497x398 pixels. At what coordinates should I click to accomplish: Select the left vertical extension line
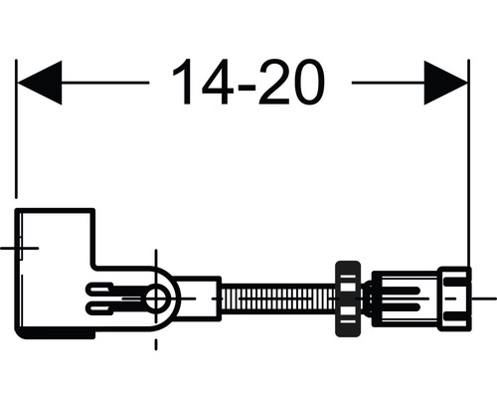point(17,129)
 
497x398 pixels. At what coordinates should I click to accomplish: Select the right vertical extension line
point(467,149)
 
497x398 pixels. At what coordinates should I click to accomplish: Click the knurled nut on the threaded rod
point(347,297)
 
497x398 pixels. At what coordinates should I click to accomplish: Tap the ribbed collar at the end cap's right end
point(455,297)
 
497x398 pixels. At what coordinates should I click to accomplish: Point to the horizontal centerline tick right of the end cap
point(484,297)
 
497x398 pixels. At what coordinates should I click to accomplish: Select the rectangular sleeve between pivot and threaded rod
point(199,297)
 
